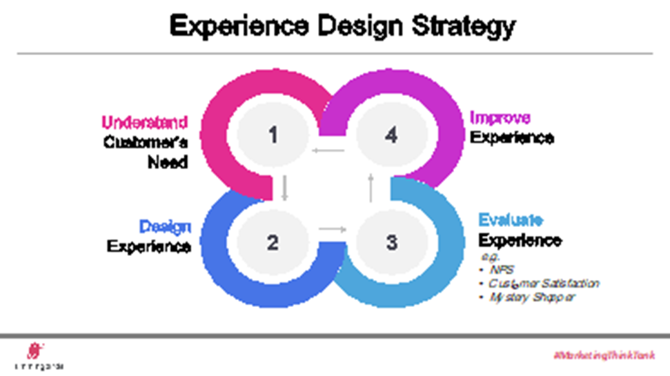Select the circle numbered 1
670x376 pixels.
[273, 135]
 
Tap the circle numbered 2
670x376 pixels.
[273, 242]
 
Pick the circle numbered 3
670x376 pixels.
[391, 242]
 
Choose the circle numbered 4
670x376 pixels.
[391, 135]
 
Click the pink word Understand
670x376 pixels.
[145, 123]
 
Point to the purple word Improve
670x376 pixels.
[500, 117]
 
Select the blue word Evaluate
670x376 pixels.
[511, 220]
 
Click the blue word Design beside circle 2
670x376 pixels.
[165, 227]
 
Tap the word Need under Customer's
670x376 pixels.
[168, 163]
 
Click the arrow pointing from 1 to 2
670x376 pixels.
[284, 188]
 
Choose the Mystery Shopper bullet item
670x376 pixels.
[532, 297]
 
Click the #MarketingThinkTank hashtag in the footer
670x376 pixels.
[604, 355]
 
